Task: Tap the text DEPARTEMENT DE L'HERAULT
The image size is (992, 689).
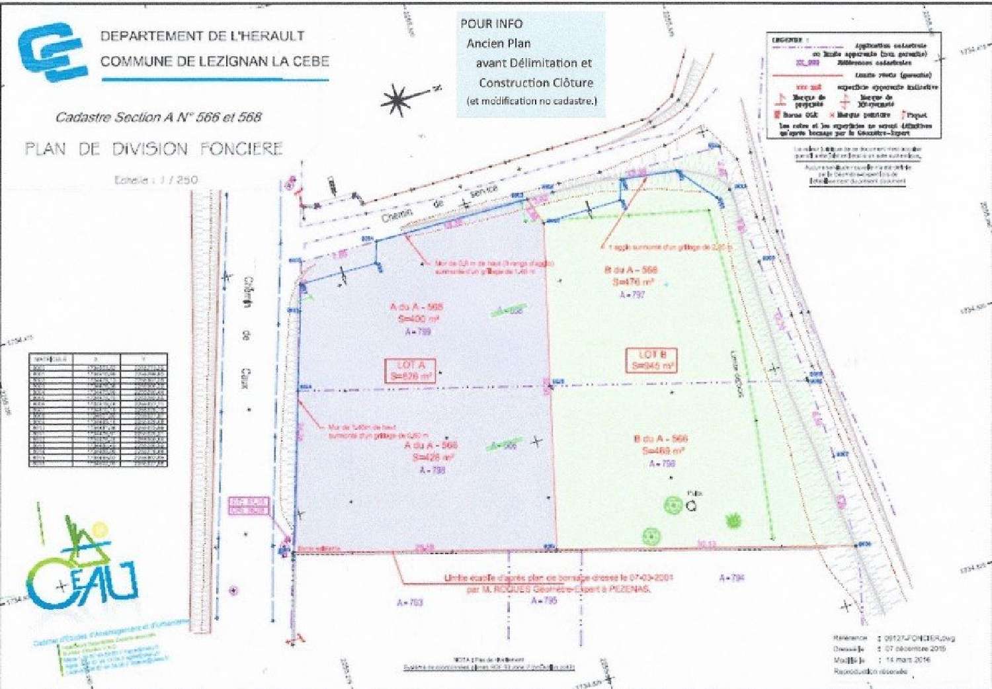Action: tap(202, 36)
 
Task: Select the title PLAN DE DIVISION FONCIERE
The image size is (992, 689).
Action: tap(153, 149)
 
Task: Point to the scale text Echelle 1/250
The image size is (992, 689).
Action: tap(156, 180)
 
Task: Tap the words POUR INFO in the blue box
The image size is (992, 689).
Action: tap(491, 24)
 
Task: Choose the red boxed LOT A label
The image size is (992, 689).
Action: tap(411, 370)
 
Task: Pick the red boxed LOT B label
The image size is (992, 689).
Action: tap(651, 360)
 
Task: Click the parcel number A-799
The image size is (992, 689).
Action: tap(418, 331)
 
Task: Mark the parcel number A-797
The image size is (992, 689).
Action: tap(632, 294)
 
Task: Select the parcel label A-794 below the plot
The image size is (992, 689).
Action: tap(731, 578)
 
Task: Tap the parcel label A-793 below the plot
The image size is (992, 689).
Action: tap(409, 602)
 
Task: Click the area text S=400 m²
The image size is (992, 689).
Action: tap(415, 319)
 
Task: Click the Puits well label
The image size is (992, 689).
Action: tap(694, 493)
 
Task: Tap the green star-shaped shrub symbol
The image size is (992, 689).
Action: tap(732, 520)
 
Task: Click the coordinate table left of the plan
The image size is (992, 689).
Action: tap(98, 411)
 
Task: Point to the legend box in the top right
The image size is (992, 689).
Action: tap(853, 86)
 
